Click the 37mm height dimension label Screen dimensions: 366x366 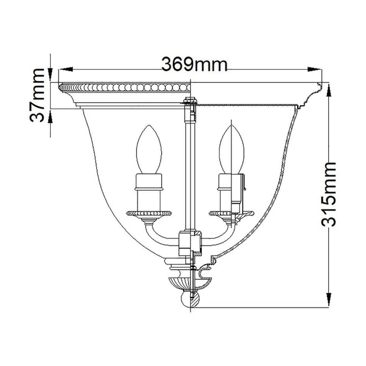39,94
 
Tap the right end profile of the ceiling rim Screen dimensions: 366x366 320,91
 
